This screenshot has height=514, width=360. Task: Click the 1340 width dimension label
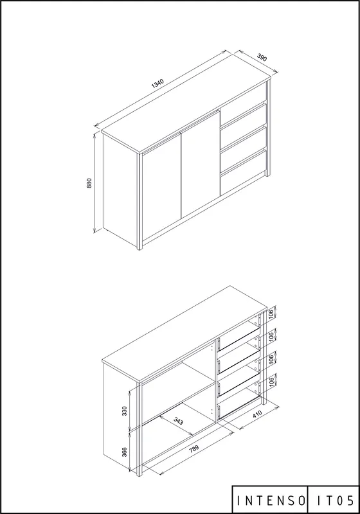coord(157,84)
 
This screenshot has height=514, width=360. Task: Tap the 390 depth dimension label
coord(262,57)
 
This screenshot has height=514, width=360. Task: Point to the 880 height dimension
coord(89,183)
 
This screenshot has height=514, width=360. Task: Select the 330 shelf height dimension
coord(124,411)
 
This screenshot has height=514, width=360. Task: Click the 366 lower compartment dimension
coord(124,452)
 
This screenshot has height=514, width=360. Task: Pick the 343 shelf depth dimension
coord(178,421)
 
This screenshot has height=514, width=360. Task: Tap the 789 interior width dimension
coord(194,448)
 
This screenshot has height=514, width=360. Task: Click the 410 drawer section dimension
coord(257,414)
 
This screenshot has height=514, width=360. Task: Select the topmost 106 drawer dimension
coord(271,314)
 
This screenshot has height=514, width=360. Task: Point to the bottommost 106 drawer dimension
coord(271,382)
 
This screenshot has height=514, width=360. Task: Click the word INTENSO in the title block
coord(271,501)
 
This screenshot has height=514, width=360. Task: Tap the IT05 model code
coord(336,501)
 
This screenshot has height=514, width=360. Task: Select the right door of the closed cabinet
coord(201,164)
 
